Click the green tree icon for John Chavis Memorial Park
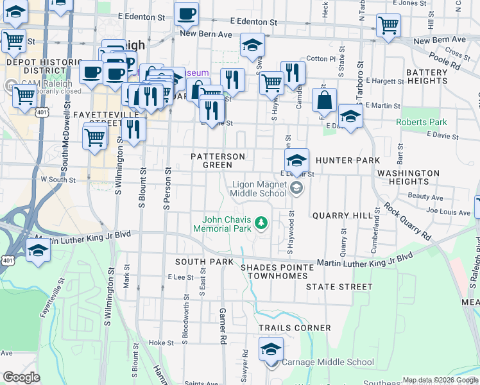coord(261,223)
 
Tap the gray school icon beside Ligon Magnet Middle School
coord(296,188)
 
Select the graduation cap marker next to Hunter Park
coord(296,160)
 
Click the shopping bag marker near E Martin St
coord(325,100)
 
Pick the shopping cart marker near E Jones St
coord(388,26)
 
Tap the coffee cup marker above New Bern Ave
coord(186,13)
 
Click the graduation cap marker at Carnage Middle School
coord(271,350)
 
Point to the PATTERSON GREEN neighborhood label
coord(218,160)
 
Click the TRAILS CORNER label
coord(295,328)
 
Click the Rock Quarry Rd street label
coord(407,220)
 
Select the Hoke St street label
coord(157,343)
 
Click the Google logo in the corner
coord(21,377)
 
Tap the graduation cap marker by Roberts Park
coord(350,116)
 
